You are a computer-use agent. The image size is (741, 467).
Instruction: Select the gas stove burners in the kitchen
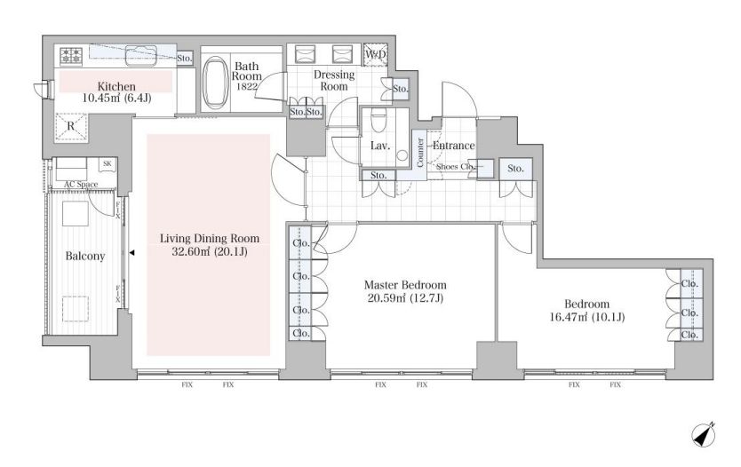tap(71, 56)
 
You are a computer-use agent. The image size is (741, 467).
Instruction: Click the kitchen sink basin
tap(140, 55)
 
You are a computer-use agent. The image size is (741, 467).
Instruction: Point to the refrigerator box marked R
tap(71, 126)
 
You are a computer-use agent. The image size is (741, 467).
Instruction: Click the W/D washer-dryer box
tap(376, 54)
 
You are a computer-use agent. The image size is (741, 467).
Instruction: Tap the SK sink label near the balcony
tap(108, 164)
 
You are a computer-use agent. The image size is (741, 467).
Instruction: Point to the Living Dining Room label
tap(210, 239)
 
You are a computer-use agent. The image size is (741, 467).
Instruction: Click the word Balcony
tap(85, 257)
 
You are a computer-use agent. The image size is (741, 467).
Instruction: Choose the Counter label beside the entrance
tap(419, 153)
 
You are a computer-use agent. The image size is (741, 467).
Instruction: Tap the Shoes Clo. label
tap(454, 167)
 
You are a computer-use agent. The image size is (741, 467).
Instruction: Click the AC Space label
tap(81, 184)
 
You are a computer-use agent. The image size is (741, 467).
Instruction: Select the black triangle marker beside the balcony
tap(132, 253)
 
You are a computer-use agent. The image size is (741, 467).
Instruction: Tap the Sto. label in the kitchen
tap(185, 58)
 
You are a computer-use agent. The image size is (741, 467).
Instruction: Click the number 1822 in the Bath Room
tap(247, 86)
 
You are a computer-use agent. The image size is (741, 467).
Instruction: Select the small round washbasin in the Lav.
tap(402, 155)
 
